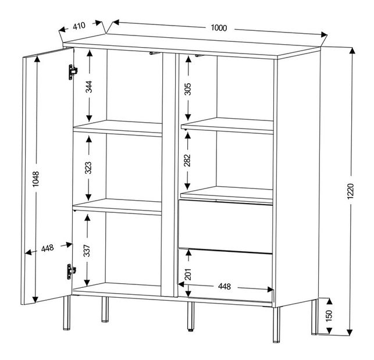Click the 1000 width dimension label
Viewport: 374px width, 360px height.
tap(219, 28)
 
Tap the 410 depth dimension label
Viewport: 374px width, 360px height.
tap(80, 26)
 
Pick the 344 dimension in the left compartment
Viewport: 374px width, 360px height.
tap(88, 87)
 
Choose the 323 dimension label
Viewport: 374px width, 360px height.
tap(88, 169)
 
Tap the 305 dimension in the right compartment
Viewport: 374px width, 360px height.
tap(187, 88)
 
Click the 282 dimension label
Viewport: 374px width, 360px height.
tap(187, 161)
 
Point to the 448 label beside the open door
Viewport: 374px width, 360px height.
tap(48, 248)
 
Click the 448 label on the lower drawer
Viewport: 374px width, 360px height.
tap(225, 286)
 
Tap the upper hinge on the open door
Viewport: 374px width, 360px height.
tap(72, 71)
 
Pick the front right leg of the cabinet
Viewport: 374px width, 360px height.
tap(277, 320)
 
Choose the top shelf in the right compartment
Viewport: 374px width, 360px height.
tap(227, 126)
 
